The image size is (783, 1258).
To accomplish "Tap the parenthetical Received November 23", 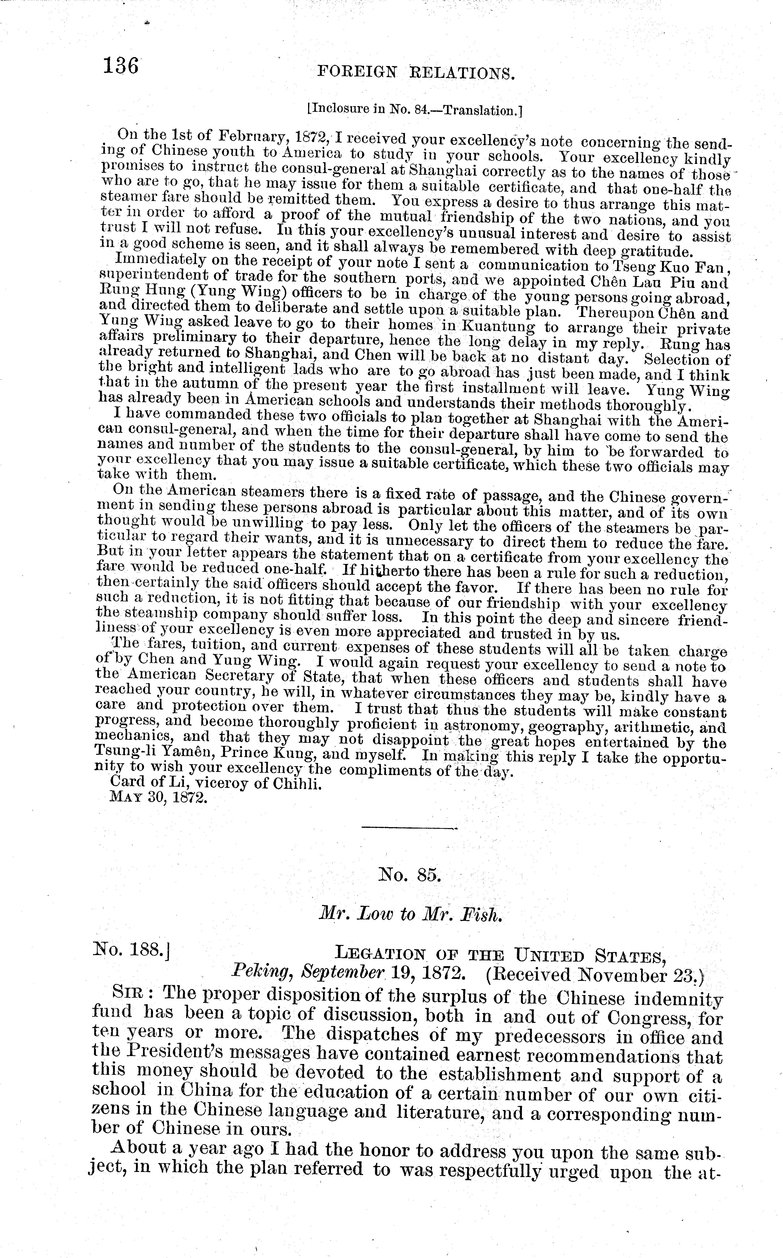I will (x=595, y=975).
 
